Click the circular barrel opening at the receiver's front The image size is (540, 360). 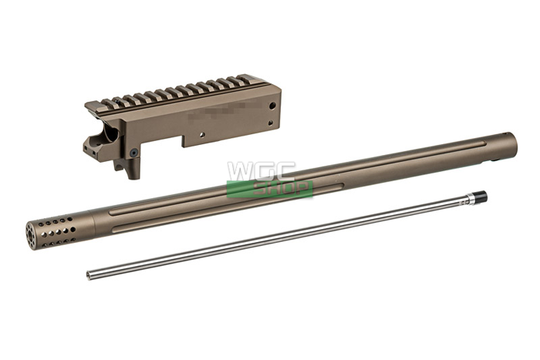tap(107, 136)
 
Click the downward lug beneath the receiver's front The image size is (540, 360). tap(133, 167)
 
